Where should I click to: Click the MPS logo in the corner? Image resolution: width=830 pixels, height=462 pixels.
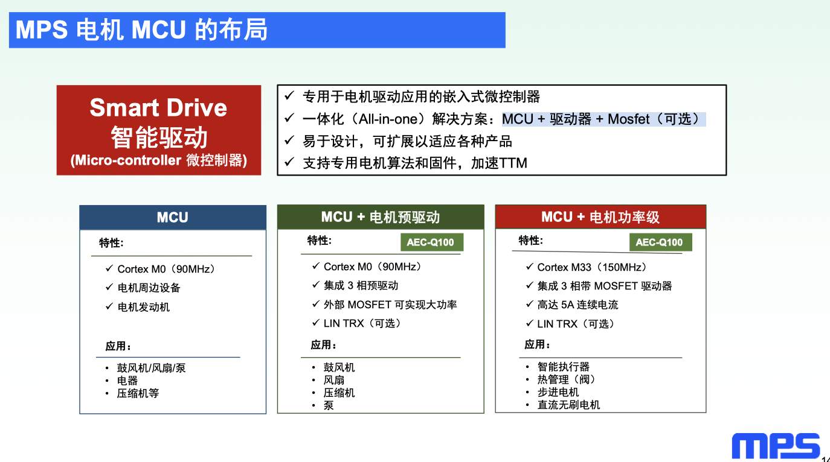pos(776,446)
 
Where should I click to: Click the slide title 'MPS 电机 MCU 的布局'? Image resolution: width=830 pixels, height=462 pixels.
pos(141,30)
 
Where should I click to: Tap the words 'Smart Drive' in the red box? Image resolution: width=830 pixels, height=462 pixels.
pos(158,107)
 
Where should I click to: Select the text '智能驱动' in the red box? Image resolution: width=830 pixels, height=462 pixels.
pos(159,138)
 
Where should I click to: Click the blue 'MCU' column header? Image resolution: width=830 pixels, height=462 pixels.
pos(173,217)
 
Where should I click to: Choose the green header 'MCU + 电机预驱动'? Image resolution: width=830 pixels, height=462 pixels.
pos(381,217)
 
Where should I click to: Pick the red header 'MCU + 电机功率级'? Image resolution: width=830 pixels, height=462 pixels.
pos(600,217)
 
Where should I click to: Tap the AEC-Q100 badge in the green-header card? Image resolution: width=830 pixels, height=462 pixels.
pos(432,242)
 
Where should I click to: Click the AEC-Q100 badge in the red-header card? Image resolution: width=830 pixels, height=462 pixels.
pos(660,242)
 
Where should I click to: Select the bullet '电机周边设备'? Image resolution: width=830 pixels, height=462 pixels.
pos(149,288)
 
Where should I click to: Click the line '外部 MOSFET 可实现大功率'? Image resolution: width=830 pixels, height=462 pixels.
pos(390,305)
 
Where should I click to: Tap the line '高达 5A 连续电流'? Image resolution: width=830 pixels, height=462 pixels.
pos(577,305)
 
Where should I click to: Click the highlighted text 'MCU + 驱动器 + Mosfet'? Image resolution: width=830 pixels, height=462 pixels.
pos(576,119)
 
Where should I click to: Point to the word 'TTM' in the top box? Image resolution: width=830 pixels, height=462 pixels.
pos(513,163)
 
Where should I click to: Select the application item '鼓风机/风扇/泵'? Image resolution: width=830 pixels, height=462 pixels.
pos(151,368)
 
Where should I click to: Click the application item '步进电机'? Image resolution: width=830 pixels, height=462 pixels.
pos(558,392)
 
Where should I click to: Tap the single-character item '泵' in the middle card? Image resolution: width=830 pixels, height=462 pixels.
pos(329,405)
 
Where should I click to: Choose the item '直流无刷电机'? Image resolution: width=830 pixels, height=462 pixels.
pos(568,405)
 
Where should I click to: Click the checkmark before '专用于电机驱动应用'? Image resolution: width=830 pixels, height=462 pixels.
pos(289,96)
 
